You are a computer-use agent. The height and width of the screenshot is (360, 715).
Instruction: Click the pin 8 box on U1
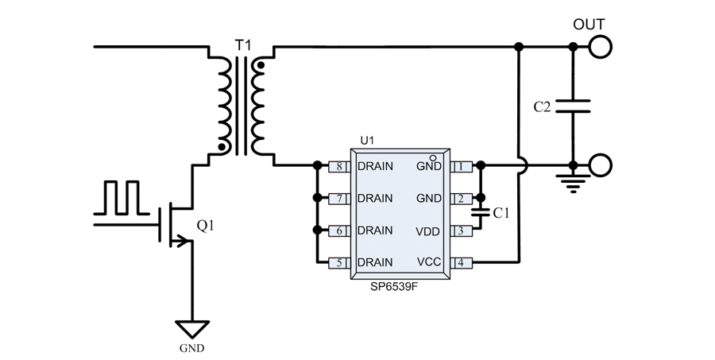339,167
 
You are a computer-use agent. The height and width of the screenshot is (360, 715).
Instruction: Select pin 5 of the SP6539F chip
339,262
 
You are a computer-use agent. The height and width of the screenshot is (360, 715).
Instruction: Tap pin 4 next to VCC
462,262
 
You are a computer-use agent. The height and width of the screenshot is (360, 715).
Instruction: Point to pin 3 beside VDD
462,230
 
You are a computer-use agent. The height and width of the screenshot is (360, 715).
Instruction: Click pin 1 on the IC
462,167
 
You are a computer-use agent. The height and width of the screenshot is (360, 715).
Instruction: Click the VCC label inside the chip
428,262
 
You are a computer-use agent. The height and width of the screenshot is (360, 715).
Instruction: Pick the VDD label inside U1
428,230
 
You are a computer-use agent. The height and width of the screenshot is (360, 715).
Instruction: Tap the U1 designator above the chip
367,141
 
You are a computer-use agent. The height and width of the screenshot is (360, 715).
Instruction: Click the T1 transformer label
242,41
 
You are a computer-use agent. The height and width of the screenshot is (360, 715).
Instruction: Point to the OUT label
589,25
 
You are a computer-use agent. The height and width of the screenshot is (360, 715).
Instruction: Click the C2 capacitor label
542,106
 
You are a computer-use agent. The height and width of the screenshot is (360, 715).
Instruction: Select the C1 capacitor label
501,213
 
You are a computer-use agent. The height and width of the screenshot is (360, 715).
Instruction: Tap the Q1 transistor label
205,227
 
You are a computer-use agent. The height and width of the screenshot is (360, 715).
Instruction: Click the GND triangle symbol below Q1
194,328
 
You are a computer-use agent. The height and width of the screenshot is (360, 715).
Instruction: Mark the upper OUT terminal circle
601,48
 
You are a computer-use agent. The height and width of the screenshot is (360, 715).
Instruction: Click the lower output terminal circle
601,166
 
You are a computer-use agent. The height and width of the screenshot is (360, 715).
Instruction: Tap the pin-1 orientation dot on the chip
434,157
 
